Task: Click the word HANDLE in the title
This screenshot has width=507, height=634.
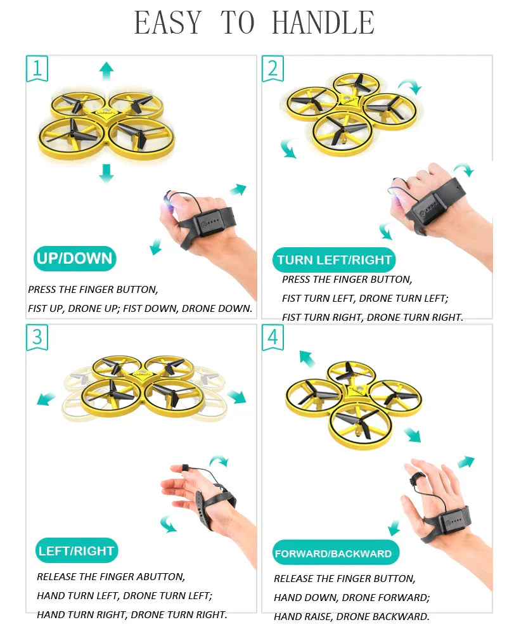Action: (x=323, y=23)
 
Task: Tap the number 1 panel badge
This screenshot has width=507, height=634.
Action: (x=37, y=68)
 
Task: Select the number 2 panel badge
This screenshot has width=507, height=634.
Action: (x=273, y=68)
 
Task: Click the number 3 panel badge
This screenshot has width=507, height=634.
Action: (x=37, y=337)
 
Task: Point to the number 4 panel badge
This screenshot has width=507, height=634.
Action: (x=273, y=337)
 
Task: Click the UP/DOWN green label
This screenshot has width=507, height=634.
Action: (x=75, y=259)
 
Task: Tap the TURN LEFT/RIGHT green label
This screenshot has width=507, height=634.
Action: (x=334, y=260)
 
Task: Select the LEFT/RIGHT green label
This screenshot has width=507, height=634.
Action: (x=76, y=550)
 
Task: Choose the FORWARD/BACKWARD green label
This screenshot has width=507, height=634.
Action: (x=333, y=553)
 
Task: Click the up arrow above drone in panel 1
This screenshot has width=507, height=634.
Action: (x=106, y=70)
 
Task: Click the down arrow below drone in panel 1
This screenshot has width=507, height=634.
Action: (x=106, y=173)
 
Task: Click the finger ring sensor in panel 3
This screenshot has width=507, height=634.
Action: (x=185, y=467)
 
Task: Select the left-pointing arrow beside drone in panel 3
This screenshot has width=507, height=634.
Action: (x=46, y=399)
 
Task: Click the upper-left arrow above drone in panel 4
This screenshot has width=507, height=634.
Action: (x=307, y=359)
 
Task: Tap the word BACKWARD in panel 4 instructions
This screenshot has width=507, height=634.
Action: (x=399, y=616)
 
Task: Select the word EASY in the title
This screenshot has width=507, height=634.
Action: (x=168, y=23)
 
